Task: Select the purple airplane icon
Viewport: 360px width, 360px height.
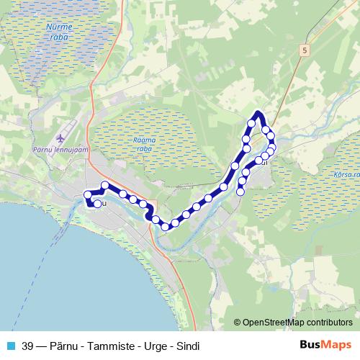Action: (59, 138)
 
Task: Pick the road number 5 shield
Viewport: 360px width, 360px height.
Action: (305, 50)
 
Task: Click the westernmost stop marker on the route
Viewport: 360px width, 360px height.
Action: (89, 194)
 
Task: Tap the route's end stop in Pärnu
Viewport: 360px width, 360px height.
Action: (97, 204)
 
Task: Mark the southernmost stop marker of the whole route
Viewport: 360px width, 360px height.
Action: (165, 227)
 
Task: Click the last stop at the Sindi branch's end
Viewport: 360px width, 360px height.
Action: (240, 191)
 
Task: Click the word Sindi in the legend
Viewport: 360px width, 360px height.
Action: (186, 346)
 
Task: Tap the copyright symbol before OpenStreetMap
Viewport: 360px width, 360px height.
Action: (238, 323)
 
